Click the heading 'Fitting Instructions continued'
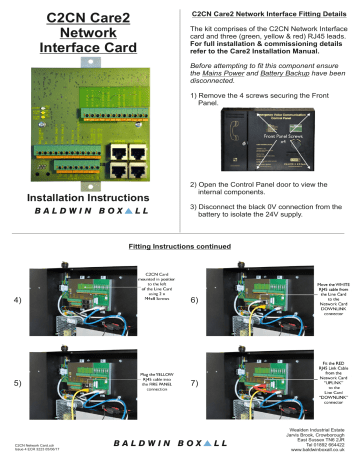180,245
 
